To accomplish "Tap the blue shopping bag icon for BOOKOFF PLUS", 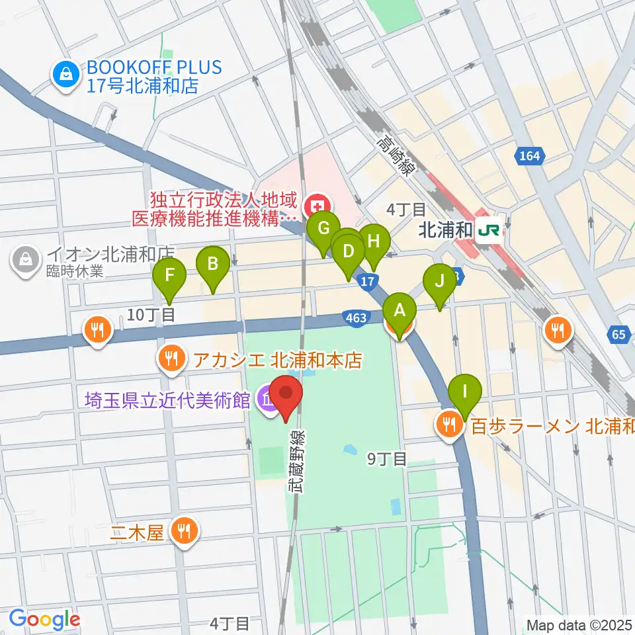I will pyautogui.click(x=67, y=75).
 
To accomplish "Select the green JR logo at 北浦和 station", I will pyautogui.click(x=490, y=231).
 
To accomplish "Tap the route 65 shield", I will pyautogui.click(x=618, y=335).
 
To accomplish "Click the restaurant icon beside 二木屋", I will pyautogui.click(x=183, y=532).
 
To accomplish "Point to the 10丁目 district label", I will pyautogui.click(x=150, y=315).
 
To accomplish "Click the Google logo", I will pyautogui.click(x=45, y=620).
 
